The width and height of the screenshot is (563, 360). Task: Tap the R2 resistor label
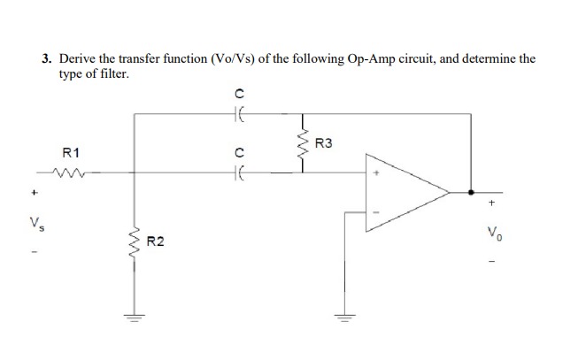(x=156, y=240)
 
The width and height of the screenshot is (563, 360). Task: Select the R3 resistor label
(x=324, y=143)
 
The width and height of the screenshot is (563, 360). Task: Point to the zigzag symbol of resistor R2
(x=136, y=240)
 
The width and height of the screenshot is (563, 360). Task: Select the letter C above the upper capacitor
(x=237, y=93)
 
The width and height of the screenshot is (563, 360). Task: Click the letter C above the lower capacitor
(x=237, y=153)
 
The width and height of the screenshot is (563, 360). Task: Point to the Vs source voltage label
(x=36, y=220)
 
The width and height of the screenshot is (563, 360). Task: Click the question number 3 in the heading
(x=46, y=59)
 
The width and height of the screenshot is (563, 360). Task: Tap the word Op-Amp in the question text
(x=347, y=59)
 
